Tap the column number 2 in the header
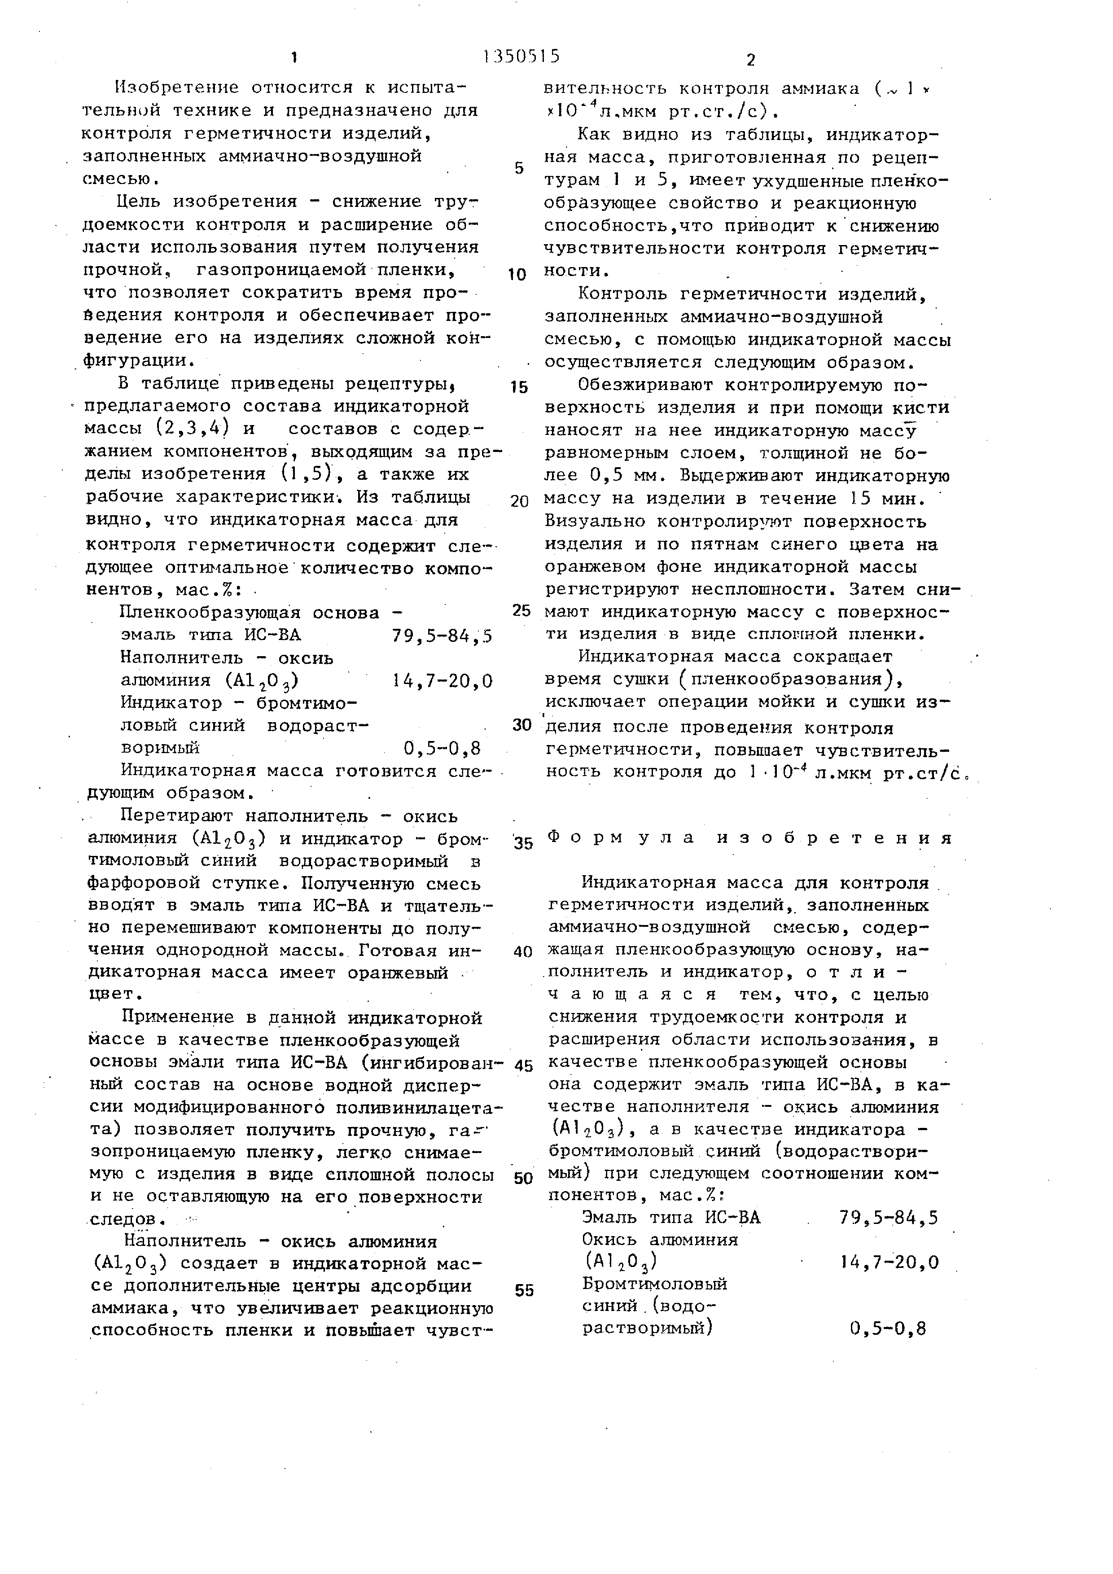(750, 60)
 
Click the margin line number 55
(524, 1290)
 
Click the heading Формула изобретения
(750, 838)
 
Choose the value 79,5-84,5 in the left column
(442, 636)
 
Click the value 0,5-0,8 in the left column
(442, 747)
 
